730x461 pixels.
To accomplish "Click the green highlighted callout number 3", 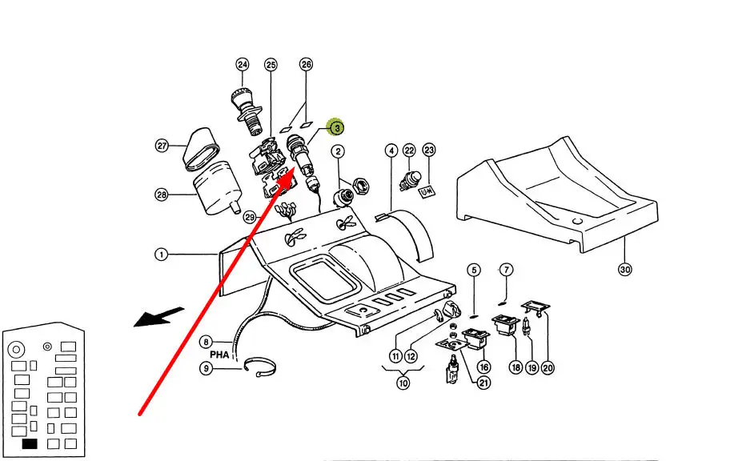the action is (x=335, y=127).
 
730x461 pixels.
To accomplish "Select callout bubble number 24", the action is (x=242, y=64).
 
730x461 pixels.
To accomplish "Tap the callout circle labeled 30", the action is (x=625, y=269).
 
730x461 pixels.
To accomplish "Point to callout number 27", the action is (x=162, y=146).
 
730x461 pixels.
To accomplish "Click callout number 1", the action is (x=161, y=255).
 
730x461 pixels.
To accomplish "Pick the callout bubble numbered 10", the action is (x=403, y=383).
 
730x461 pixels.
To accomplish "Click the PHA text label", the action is (x=219, y=355).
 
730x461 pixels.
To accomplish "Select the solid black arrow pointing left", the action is (x=159, y=317).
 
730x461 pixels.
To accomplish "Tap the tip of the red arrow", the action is (x=293, y=170).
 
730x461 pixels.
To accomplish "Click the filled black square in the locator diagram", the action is (x=30, y=443).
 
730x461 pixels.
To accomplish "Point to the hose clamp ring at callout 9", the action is (x=260, y=367).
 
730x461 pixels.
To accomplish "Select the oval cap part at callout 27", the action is (x=202, y=150).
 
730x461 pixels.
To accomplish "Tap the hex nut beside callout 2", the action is (x=361, y=186).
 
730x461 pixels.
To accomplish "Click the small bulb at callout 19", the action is (x=527, y=327).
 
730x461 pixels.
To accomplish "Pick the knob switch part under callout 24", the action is (x=247, y=110).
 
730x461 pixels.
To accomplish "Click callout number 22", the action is (x=409, y=150).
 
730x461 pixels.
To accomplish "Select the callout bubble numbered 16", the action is (x=484, y=367).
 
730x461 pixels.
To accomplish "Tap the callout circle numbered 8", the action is (x=206, y=343).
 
